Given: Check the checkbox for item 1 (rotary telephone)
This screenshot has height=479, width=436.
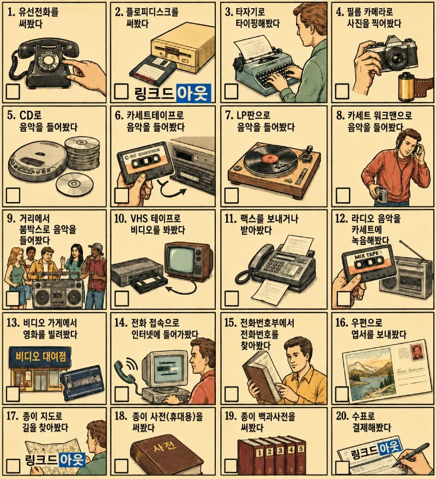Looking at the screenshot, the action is (x=13, y=92).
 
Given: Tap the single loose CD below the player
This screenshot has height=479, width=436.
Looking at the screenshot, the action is (x=74, y=184).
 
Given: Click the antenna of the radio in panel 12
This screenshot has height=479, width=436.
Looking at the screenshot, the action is (x=411, y=250).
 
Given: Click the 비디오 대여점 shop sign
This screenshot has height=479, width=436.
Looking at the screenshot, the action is (x=40, y=356).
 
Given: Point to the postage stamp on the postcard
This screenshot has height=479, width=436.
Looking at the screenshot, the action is (x=417, y=352).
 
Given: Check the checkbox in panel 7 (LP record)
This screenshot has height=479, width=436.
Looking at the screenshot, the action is (x=231, y=196).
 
